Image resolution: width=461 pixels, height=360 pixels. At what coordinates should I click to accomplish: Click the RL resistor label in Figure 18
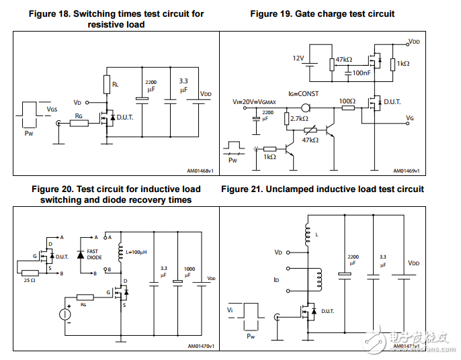click(x=116, y=85)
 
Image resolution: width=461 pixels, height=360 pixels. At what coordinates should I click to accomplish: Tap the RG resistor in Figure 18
click(x=79, y=123)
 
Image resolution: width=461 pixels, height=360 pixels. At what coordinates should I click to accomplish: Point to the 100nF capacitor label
click(x=362, y=73)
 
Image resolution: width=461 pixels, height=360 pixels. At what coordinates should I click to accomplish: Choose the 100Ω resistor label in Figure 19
click(x=347, y=101)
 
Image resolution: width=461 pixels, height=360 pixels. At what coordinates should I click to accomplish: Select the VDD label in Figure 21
click(x=413, y=264)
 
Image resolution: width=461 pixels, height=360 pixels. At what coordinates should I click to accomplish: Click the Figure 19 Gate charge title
click(x=322, y=13)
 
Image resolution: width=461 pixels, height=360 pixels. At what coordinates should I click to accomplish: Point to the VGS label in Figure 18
click(x=52, y=108)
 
